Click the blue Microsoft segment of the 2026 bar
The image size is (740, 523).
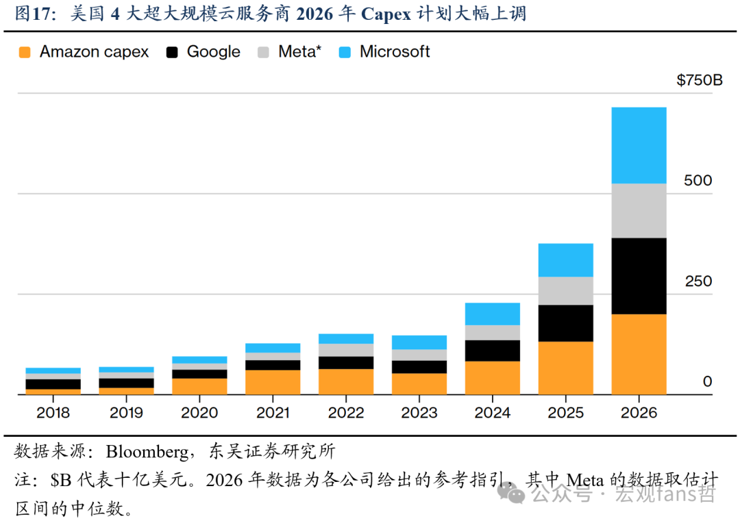point(639,145)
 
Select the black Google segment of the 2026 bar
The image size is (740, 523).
point(639,276)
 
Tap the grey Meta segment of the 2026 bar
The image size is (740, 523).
point(639,211)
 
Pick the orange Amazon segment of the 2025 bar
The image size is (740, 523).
point(566,368)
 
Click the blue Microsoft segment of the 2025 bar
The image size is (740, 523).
point(566,260)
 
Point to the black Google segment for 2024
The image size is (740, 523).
point(493,351)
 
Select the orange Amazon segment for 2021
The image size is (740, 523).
point(273,382)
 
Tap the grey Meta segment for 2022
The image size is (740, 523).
point(346,350)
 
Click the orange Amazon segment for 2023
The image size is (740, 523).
point(419,384)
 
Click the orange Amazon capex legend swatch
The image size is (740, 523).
point(25,52)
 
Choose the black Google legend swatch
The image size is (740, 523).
point(172,52)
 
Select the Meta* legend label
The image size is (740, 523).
point(299,51)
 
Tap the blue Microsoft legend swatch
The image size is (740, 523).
point(345,52)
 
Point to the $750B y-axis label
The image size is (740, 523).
point(700,80)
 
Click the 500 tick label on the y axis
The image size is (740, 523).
point(698,180)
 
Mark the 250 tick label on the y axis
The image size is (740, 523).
point(698,281)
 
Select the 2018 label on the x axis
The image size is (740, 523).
point(53,413)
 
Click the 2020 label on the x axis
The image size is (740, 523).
point(199,413)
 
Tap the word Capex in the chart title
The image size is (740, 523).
point(386,14)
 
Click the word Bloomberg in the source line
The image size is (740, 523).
point(147,452)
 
